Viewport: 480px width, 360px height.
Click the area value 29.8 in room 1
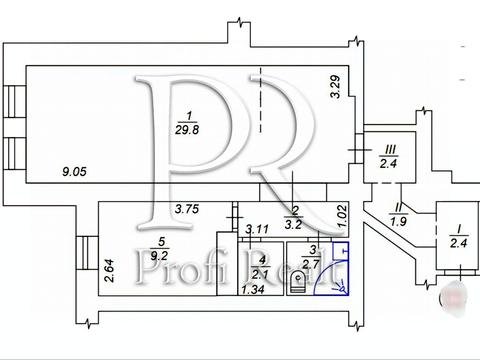[x=187, y=129]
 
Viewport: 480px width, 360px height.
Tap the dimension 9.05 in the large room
[x=74, y=172]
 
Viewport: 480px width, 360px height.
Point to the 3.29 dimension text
[x=335, y=87]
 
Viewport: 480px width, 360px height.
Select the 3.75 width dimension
[x=187, y=209]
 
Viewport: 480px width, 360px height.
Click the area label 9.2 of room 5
[x=159, y=256]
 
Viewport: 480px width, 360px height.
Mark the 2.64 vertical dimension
[x=109, y=271]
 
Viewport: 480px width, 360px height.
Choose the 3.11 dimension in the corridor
[x=257, y=229]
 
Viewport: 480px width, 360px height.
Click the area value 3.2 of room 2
[x=293, y=225]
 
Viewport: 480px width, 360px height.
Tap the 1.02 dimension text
[x=342, y=216]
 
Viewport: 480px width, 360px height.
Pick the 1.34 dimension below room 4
[x=253, y=289]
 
